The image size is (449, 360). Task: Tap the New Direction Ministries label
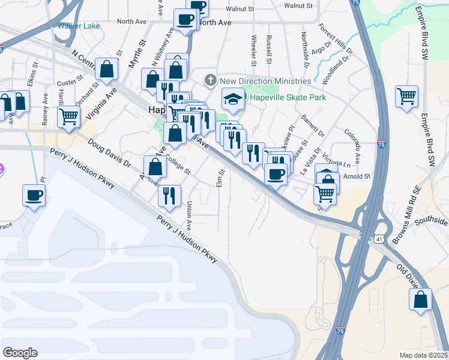(265, 80)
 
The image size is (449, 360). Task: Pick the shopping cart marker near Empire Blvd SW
(406, 96)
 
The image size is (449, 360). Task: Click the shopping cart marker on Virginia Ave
(69, 116)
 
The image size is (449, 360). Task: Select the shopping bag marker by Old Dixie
(421, 299)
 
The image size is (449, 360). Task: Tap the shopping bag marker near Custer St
(107, 69)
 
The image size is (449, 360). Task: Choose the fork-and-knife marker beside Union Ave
(169, 195)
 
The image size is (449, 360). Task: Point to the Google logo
(20, 352)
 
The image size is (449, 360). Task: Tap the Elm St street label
(221, 177)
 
